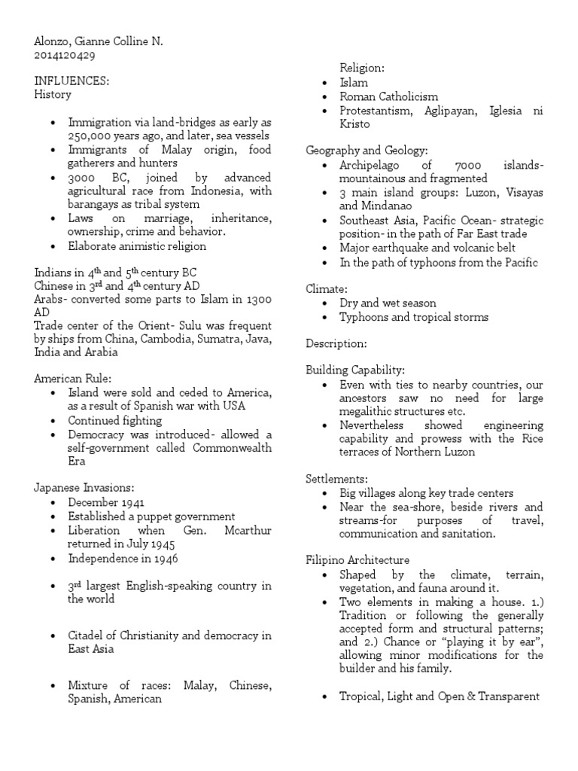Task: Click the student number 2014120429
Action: tap(64, 55)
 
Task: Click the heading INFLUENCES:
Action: tap(71, 81)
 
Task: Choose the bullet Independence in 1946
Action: tap(123, 559)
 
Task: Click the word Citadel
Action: tap(87, 635)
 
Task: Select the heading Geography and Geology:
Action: tap(367, 151)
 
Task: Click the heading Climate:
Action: tap(325, 288)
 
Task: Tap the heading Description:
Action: tap(336, 343)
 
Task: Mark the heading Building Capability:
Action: tap(354, 370)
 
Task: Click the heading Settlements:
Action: tap(336, 479)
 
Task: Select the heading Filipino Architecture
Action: tap(357, 560)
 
